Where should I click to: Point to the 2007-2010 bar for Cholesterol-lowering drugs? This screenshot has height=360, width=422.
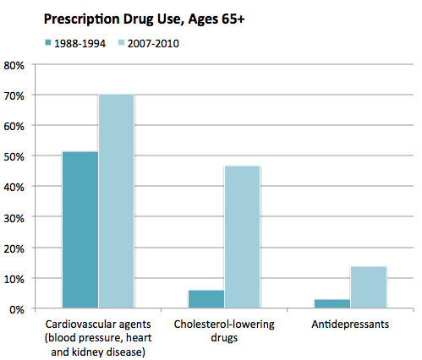point(243,237)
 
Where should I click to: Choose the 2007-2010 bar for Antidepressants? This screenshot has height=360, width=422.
point(369,287)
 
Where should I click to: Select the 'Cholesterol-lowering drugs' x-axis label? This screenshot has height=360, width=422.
point(224,330)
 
